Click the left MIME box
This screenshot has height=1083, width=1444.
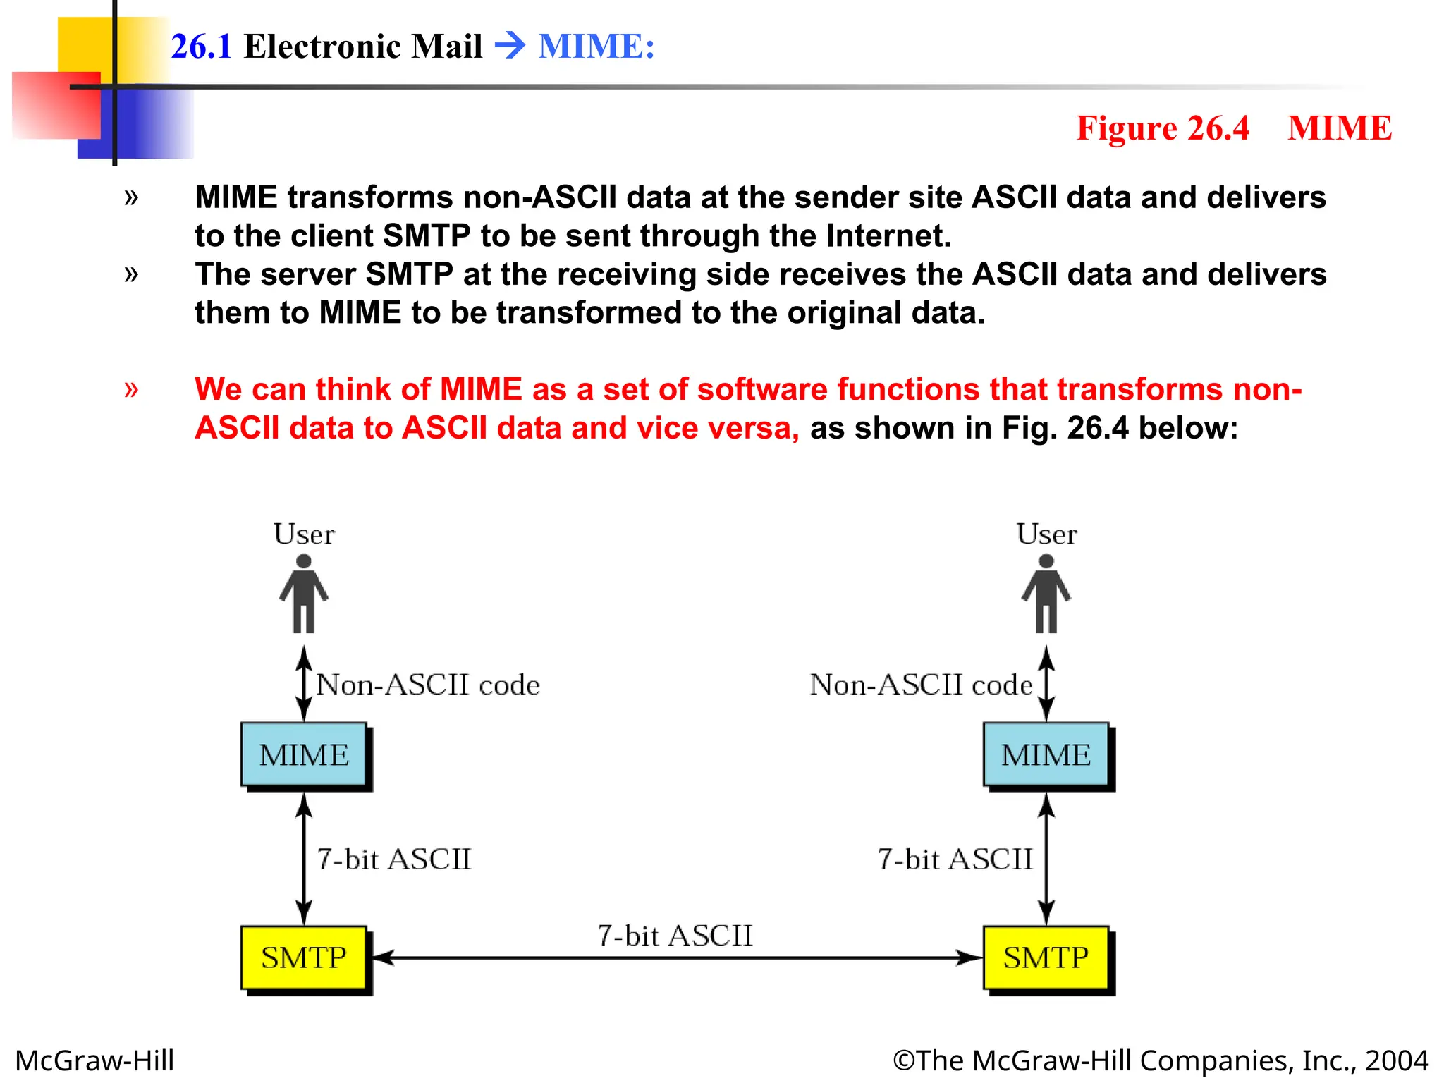[x=304, y=754]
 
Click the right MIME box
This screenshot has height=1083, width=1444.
[x=1046, y=754]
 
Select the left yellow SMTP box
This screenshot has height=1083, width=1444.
[x=304, y=957]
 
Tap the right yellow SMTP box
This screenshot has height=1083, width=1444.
[x=1046, y=957]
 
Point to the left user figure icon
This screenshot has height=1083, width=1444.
[x=304, y=594]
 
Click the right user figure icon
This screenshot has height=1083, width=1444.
[x=1046, y=594]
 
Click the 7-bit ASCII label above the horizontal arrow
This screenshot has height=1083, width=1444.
[x=675, y=936]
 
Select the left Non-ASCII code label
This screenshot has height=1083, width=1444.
[x=428, y=685]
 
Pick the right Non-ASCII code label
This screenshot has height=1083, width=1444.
[x=921, y=685]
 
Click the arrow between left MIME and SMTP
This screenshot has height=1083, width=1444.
[x=304, y=858]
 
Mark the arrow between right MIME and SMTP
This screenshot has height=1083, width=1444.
[x=1046, y=858]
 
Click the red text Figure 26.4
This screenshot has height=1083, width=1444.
[x=1162, y=128]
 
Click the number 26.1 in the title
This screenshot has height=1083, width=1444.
[x=201, y=47]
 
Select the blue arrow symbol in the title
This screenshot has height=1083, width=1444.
[x=510, y=47]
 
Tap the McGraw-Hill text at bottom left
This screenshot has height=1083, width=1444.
[x=94, y=1060]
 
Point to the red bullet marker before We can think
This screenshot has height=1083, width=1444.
[x=131, y=388]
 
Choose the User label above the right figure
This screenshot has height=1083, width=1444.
[x=1046, y=534]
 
